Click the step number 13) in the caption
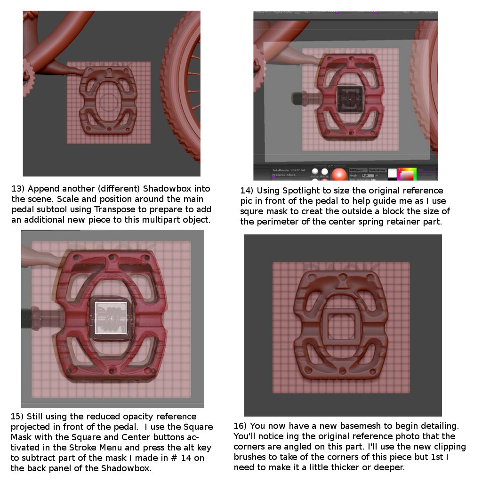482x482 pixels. [18, 189]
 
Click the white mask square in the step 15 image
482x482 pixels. [111, 318]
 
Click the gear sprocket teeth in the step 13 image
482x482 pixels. [28, 84]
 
